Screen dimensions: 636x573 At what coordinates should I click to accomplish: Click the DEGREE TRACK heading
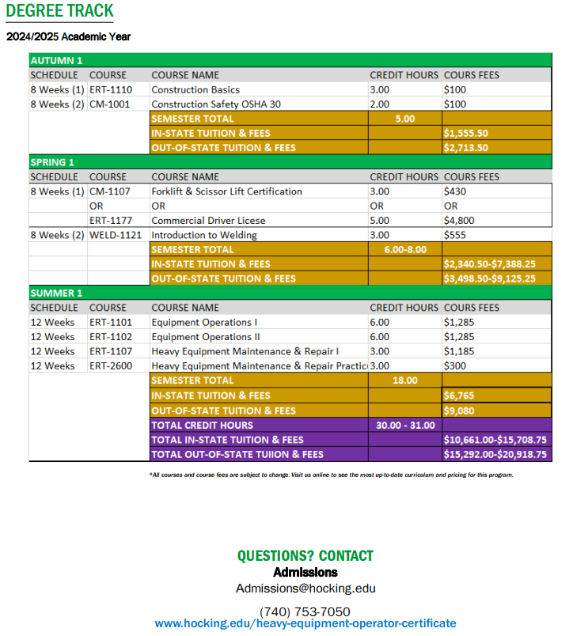(60, 12)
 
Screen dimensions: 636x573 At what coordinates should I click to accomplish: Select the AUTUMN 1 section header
(56, 60)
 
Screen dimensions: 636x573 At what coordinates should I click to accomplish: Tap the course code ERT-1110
(111, 89)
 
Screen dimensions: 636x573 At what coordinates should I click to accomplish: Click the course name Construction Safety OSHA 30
(215, 104)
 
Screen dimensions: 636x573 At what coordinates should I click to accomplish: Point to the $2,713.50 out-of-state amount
(466, 147)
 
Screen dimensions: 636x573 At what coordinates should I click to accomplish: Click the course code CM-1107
(110, 191)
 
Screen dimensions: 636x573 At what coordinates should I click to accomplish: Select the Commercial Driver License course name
(208, 220)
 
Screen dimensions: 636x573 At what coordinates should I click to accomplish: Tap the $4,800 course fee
(458, 220)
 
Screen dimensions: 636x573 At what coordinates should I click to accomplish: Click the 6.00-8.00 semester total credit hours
(404, 249)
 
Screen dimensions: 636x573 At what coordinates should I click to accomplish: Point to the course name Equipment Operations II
(206, 336)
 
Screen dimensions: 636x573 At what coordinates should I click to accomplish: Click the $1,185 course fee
(458, 351)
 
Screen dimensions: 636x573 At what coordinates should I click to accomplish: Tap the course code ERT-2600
(111, 365)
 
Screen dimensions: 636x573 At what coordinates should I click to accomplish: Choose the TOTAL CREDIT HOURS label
(203, 425)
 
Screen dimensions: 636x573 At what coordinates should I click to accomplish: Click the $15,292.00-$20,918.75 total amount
(495, 454)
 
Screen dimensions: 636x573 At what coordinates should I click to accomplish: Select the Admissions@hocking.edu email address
(305, 588)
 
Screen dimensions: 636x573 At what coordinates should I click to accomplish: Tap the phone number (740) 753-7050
(305, 611)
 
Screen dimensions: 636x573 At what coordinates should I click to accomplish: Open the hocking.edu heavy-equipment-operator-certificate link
(305, 623)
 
